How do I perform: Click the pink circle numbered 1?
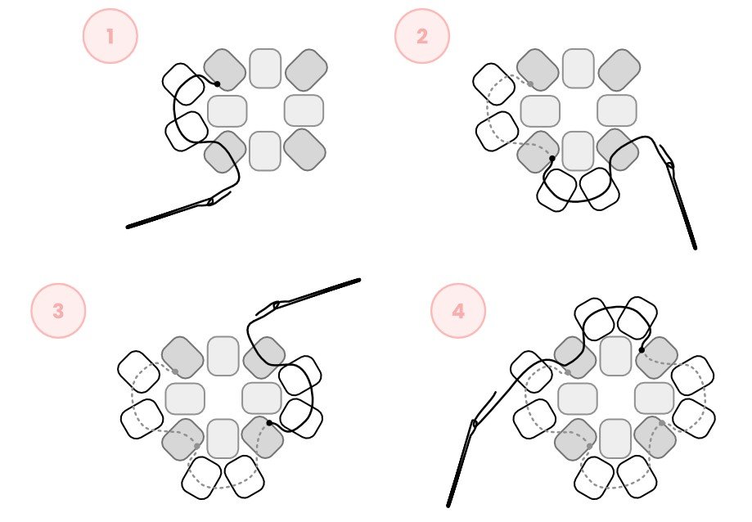(110, 36)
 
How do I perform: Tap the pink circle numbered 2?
(422, 36)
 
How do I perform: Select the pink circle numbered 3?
(59, 311)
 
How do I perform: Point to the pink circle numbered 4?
(458, 311)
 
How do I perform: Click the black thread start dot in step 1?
(218, 84)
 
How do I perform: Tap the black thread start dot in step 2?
(552, 158)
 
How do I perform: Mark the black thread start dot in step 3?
(269, 423)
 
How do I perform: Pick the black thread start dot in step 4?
(642, 350)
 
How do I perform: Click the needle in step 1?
(178, 209)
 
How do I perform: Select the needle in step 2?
(678, 197)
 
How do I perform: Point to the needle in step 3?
(308, 296)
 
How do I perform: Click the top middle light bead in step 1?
(265, 68)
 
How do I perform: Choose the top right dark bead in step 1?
(307, 70)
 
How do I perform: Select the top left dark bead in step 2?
(538, 70)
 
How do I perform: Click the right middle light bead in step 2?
(617, 110)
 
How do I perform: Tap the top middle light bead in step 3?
(223, 356)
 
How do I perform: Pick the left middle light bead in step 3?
(185, 398)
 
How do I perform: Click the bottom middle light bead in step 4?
(615, 439)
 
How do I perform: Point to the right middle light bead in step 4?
(655, 398)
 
